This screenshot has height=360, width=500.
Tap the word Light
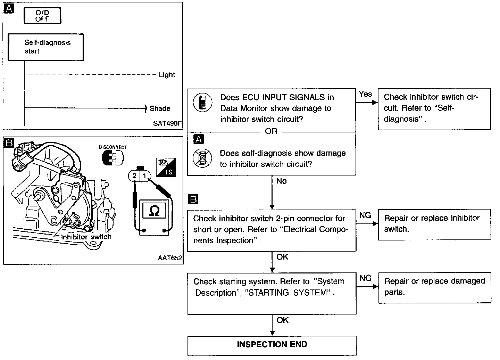coord(167,75)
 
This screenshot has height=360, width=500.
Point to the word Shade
coord(160,108)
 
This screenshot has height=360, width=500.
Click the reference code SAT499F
coord(167,123)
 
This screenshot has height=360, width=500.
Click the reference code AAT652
coord(170,258)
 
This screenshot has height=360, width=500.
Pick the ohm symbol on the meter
coord(154,211)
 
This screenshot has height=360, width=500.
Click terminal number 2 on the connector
coord(134,176)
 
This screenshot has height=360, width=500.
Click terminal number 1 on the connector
coord(144,176)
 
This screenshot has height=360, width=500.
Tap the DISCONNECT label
coord(113,147)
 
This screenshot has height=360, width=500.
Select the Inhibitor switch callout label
coord(86,237)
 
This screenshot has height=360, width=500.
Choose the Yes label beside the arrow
coord(365,94)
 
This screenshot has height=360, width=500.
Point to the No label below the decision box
coord(281,181)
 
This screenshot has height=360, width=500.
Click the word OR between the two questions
coord(271,131)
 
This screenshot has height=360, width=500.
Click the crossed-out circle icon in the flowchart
coord(202,158)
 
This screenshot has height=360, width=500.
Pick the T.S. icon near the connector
coord(166,167)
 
